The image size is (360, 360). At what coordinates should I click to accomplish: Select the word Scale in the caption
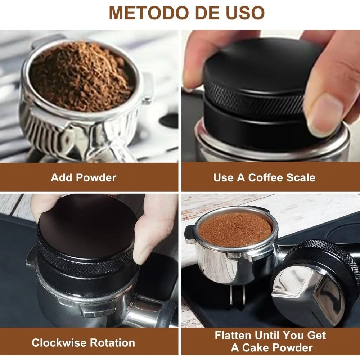tap(301, 177)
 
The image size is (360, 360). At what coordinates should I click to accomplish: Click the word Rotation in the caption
tap(113, 342)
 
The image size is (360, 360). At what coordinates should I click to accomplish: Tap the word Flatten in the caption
tap(233, 336)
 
